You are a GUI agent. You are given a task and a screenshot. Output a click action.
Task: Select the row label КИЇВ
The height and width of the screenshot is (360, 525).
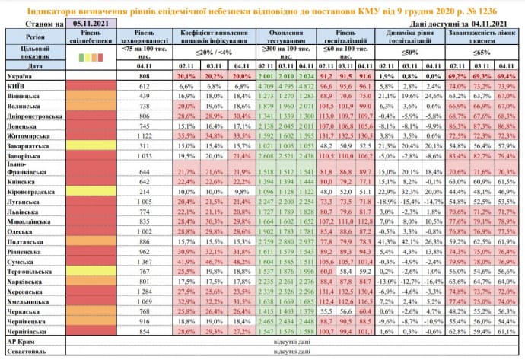pyautogui.click(x=19, y=86)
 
